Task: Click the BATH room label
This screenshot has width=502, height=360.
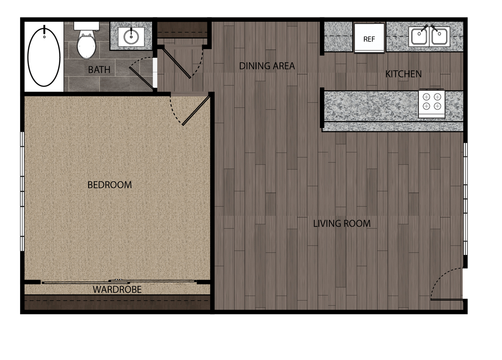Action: [x=99, y=70]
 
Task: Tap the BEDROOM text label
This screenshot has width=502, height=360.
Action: [x=110, y=185]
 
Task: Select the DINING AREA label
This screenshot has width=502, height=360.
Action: [x=267, y=66]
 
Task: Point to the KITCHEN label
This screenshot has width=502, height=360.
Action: [x=404, y=74]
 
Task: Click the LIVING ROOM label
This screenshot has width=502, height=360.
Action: [x=342, y=224]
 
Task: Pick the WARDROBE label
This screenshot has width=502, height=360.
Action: [x=117, y=290]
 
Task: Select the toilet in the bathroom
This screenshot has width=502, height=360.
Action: [x=87, y=41]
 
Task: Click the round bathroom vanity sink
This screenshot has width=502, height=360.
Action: [x=131, y=36]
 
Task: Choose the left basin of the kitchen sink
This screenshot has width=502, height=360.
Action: [x=419, y=37]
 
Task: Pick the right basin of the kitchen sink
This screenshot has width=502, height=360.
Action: [x=439, y=37]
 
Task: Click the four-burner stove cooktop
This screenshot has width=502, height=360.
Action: [x=432, y=101]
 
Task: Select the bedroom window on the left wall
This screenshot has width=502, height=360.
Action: [x=23, y=192]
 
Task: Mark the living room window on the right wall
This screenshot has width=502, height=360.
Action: [x=465, y=199]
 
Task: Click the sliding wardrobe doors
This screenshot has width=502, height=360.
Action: [x=119, y=282]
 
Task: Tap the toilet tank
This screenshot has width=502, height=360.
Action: [x=87, y=26]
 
